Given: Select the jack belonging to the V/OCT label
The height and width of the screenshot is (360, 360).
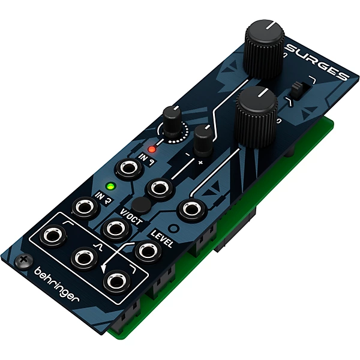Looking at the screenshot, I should tap(114, 227).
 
